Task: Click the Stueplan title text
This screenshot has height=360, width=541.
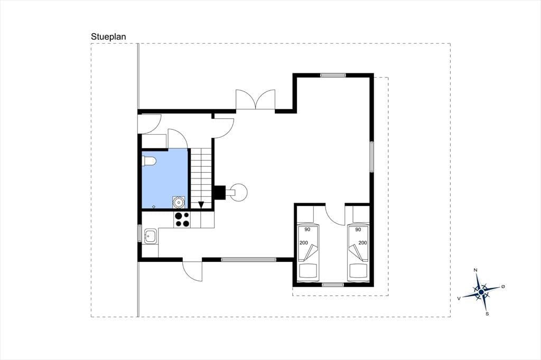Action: [108, 37]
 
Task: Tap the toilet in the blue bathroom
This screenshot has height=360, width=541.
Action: [149, 160]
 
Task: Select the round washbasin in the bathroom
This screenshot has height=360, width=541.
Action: [179, 202]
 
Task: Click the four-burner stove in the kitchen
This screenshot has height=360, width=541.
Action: [182, 219]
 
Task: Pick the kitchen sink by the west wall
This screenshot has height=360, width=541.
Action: [151, 236]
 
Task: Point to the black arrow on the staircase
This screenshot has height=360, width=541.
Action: [201, 205]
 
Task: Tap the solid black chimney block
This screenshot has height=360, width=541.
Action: [220, 193]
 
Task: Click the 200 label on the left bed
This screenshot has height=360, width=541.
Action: [304, 243]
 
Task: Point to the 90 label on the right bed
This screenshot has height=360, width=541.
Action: [358, 229]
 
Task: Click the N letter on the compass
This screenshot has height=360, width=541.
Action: [475, 270]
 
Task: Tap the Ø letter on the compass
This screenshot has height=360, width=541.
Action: [503, 287]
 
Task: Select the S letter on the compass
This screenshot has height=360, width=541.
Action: [487, 314]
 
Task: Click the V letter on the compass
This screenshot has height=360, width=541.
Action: [459, 299]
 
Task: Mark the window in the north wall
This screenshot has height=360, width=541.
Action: [333, 75]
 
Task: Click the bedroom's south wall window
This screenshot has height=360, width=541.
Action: [333, 285]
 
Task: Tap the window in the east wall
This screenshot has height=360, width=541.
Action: [371, 157]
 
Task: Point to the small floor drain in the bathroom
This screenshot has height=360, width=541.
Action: [154, 206]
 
